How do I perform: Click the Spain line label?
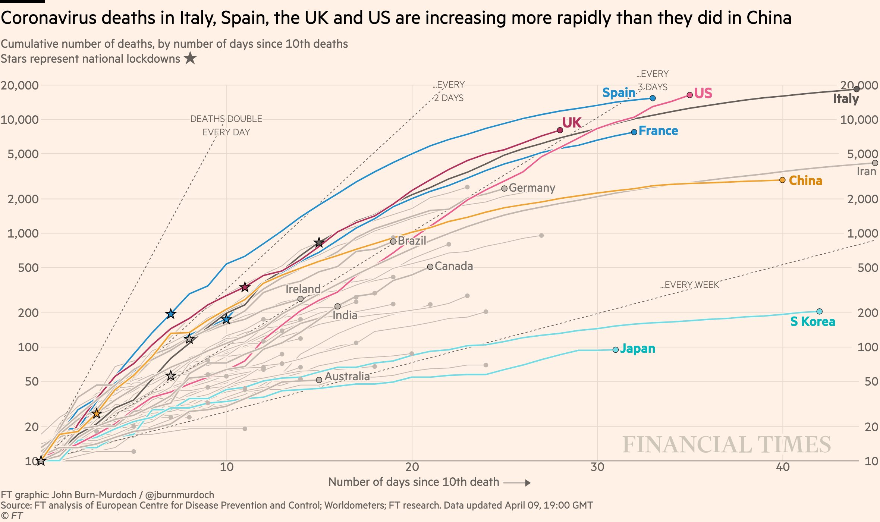(x=619, y=92)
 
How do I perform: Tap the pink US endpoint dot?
(x=689, y=95)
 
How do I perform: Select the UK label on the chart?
(x=572, y=122)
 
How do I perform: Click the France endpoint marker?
(x=634, y=132)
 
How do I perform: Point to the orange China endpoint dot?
(x=782, y=180)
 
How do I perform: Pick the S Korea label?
(x=813, y=321)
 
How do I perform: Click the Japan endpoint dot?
(x=616, y=350)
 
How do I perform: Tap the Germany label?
(x=532, y=188)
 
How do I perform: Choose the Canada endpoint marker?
(x=430, y=267)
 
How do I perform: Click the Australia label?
(x=347, y=376)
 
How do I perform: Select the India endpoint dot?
(x=337, y=306)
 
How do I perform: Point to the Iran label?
(x=866, y=172)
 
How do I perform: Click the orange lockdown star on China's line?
(x=97, y=413)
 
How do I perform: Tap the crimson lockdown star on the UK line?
(x=245, y=287)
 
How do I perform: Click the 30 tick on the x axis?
(x=597, y=467)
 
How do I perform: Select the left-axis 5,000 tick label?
(x=23, y=154)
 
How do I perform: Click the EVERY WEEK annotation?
(x=689, y=285)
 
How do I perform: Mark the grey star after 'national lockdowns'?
(x=190, y=58)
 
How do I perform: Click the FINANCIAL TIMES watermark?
(x=726, y=444)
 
